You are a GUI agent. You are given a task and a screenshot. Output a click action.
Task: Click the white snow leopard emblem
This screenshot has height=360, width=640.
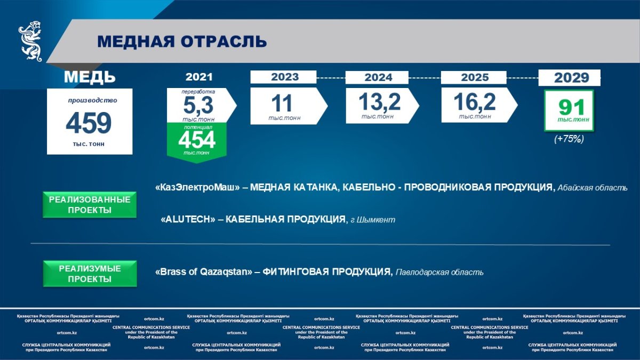tap(30, 41)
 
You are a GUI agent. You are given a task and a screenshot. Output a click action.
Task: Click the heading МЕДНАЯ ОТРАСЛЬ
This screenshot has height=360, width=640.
tap(182, 42)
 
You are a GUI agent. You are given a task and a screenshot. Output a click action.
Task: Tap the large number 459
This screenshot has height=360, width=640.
tap(89, 123)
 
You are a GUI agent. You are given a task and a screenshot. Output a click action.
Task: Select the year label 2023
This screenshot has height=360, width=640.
tap(285, 77)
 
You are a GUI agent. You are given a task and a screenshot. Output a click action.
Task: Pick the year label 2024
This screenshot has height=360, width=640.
tap(378, 77)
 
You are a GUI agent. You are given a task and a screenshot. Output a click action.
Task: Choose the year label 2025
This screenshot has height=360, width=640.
tap(475, 77)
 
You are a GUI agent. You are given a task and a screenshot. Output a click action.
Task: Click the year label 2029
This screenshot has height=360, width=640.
tap(571, 78)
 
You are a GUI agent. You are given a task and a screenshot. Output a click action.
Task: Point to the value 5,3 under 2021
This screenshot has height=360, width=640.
tap(198, 105)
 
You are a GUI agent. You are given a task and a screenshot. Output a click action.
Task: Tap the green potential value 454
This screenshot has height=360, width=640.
tap(197, 140)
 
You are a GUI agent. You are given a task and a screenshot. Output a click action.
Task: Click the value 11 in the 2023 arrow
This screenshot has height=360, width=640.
tap(282, 103)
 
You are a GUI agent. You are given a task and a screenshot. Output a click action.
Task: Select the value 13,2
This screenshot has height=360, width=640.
tap(379, 102)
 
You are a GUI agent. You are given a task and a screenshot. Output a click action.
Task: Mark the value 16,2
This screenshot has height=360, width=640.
tap(475, 102)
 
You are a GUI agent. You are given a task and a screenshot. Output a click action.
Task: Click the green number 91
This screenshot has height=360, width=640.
tap(571, 108)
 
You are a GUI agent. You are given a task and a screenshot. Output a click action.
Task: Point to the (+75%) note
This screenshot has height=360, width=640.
tap(569, 139)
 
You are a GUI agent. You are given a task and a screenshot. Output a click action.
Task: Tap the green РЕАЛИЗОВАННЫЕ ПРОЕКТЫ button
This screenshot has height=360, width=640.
tap(90, 205)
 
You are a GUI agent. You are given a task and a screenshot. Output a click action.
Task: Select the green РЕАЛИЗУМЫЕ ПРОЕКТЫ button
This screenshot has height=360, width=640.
tap(90, 274)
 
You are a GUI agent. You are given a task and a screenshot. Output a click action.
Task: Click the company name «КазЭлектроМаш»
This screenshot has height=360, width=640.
tap(197, 187)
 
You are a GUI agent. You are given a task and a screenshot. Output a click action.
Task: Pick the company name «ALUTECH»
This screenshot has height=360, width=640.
tap(188, 219)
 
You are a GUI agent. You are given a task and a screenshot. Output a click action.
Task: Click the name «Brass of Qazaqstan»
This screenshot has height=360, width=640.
tap(204, 271)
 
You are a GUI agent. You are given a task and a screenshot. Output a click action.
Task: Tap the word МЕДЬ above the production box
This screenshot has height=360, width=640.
tap(90, 77)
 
